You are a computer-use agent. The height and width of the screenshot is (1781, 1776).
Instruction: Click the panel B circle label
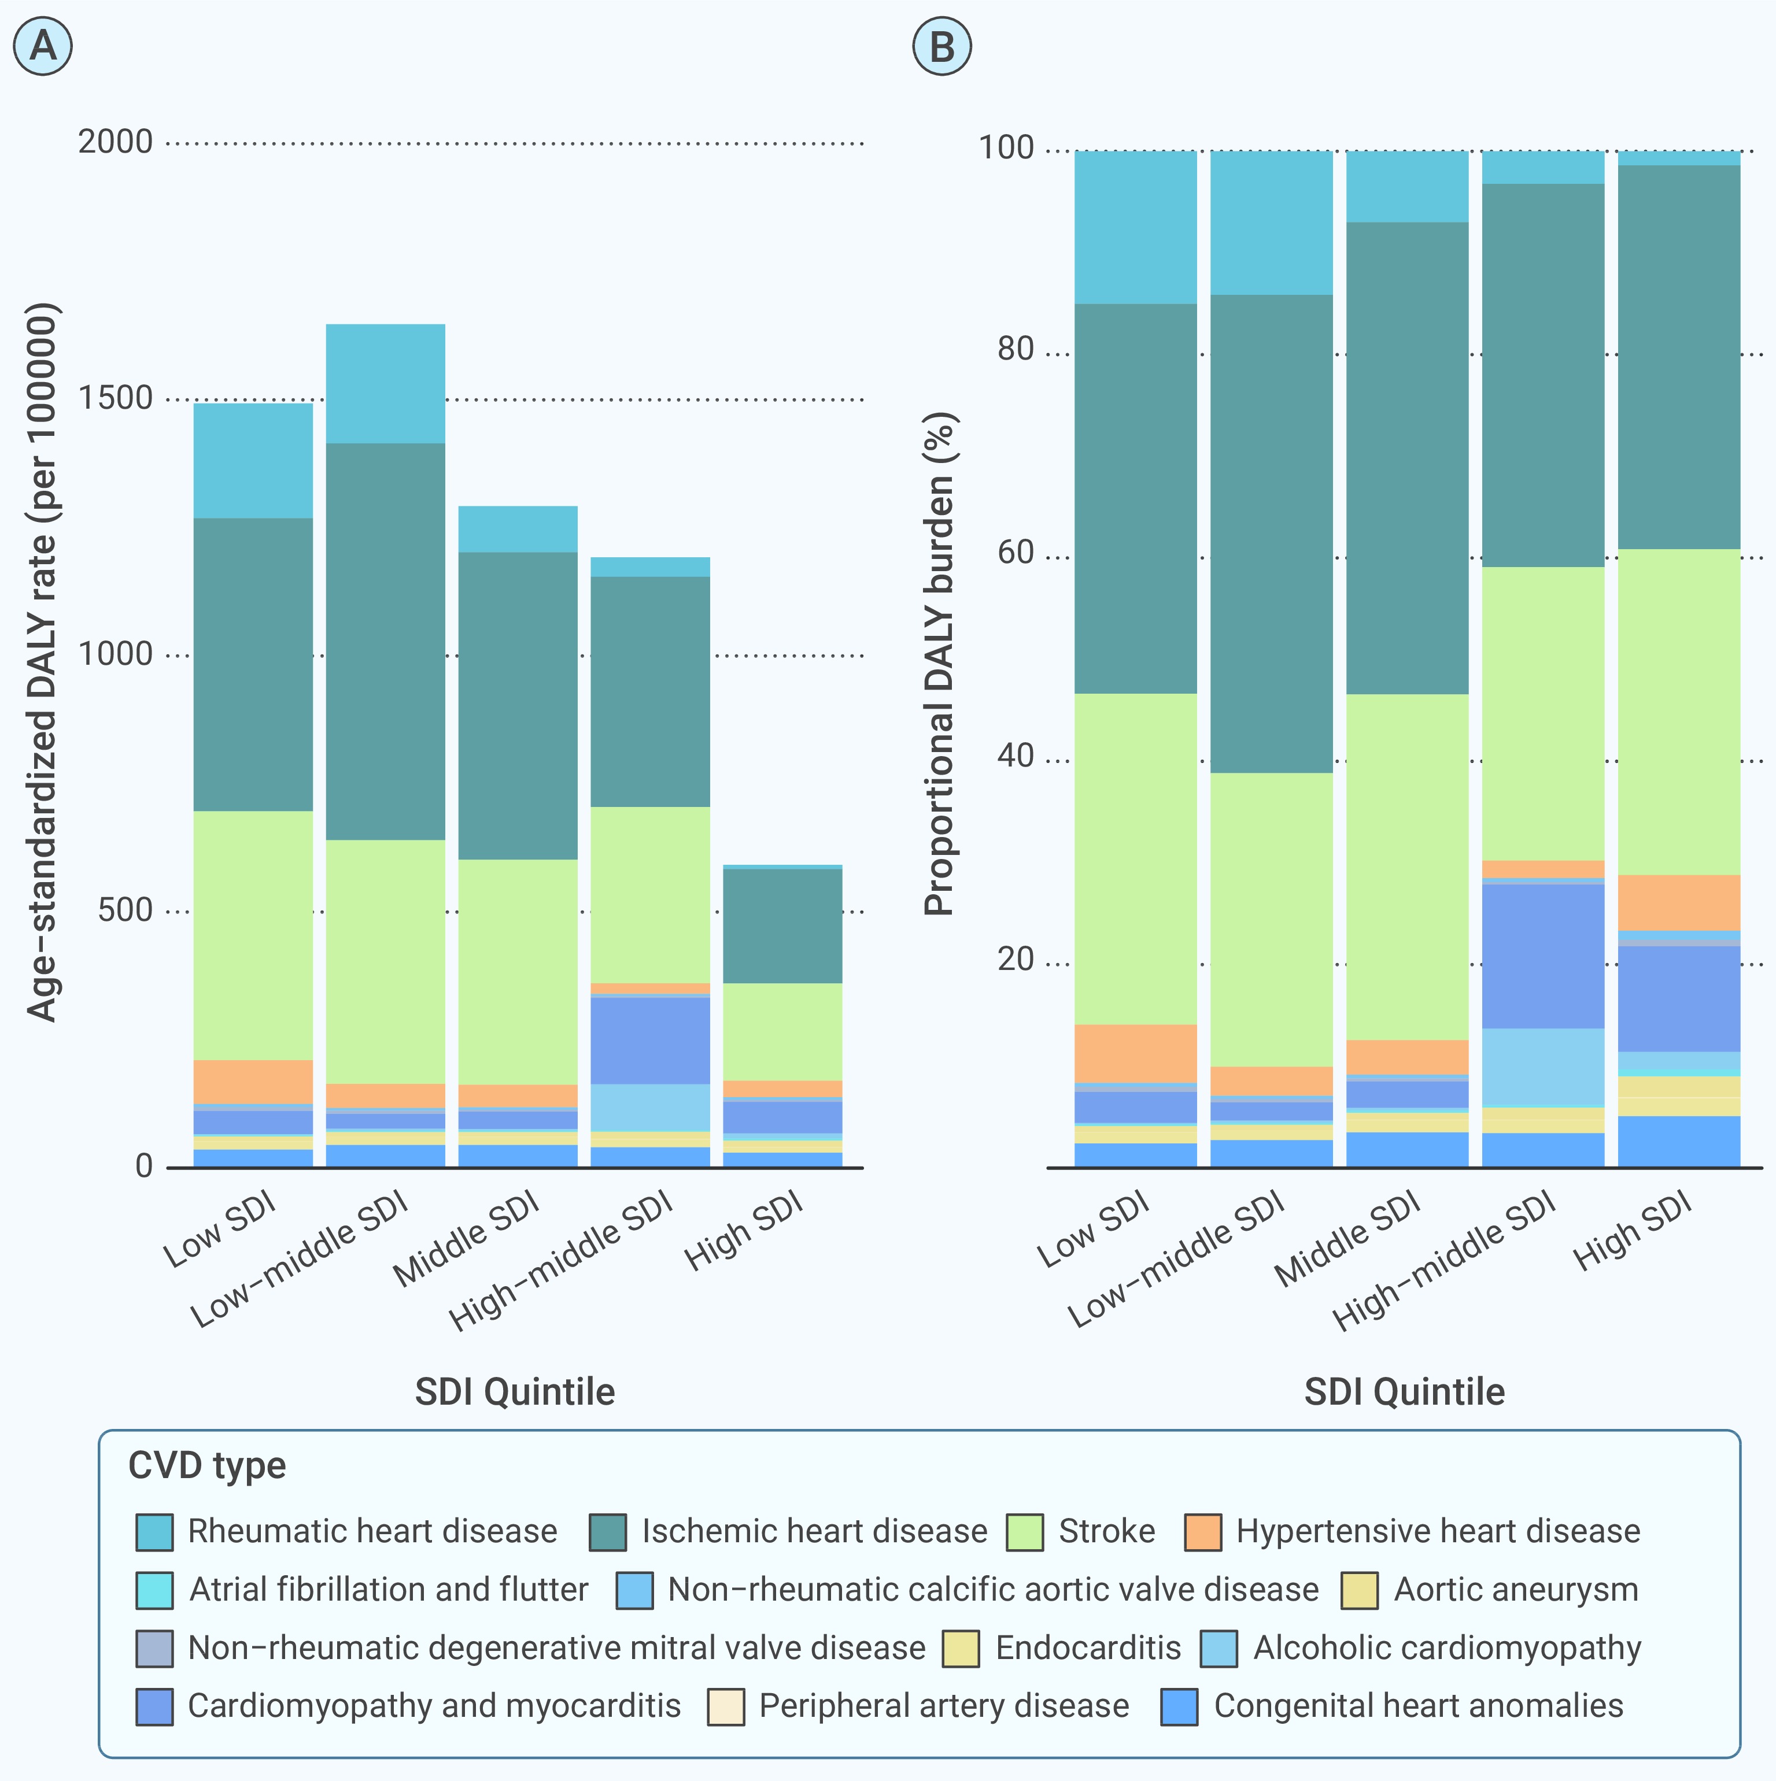[x=941, y=46]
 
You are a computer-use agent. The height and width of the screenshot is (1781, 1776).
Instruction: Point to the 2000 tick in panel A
[x=115, y=143]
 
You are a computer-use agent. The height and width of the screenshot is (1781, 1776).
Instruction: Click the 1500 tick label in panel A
[x=115, y=399]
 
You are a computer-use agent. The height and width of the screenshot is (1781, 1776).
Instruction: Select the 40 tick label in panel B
[x=1016, y=757]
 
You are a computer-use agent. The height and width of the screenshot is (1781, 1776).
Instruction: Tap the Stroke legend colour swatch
[x=1024, y=1532]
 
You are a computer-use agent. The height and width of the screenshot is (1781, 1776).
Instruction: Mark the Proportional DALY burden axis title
[x=939, y=664]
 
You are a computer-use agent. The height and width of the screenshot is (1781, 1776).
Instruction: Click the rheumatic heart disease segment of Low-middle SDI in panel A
[x=385, y=383]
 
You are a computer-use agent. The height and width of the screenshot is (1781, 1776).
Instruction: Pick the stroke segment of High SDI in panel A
[x=782, y=1031]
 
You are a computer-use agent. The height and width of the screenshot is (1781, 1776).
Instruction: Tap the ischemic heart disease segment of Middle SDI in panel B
[x=1407, y=458]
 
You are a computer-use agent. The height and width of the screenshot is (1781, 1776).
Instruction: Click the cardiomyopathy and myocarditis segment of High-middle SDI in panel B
[x=1543, y=956]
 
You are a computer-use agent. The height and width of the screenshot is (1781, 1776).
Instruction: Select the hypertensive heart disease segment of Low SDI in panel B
[x=1135, y=1053]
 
